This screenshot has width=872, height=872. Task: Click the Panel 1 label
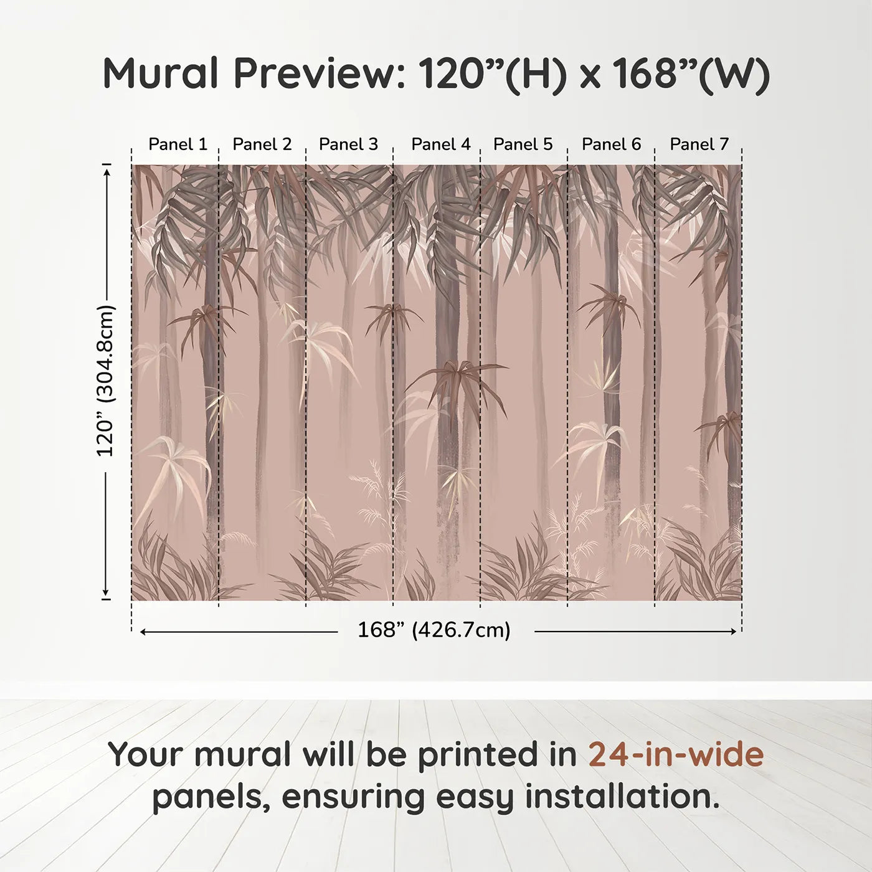[178, 145]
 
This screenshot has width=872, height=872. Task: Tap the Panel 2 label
[262, 145]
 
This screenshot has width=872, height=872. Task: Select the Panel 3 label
[348, 145]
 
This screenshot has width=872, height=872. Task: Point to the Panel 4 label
[441, 145]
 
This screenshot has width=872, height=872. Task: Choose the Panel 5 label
[523, 145]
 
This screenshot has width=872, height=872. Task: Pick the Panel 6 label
[611, 145]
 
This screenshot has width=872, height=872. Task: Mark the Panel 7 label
[699, 145]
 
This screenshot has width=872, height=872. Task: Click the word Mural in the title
[161, 73]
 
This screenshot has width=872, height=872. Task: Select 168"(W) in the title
[691, 73]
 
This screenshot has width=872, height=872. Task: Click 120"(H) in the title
[493, 73]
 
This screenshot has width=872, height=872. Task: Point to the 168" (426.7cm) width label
[434, 630]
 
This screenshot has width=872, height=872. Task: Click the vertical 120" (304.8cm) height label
[106, 381]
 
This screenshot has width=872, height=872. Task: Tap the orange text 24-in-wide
[676, 754]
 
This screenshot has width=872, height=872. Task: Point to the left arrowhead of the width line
[143, 632]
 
